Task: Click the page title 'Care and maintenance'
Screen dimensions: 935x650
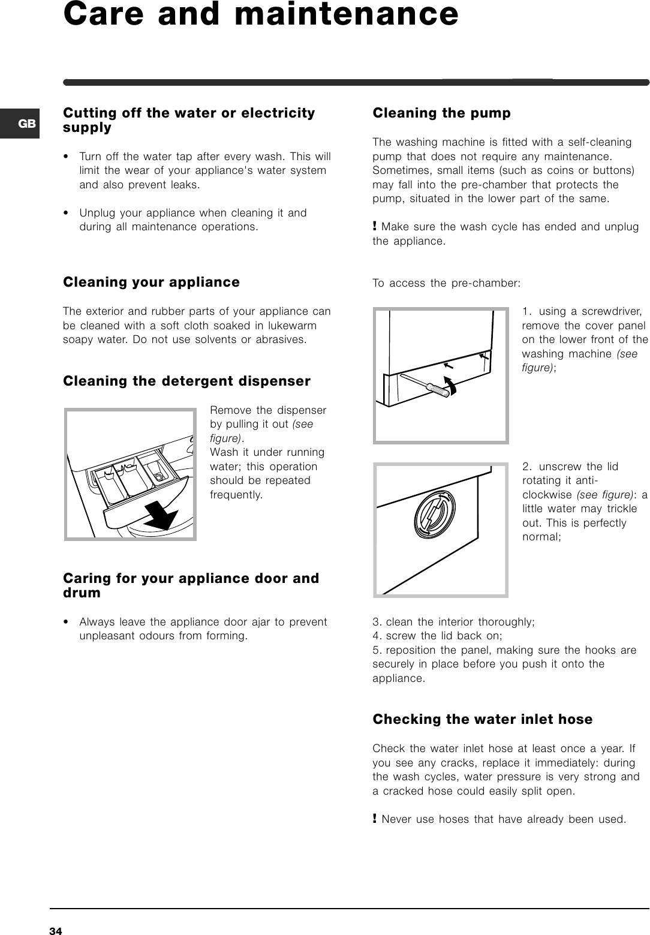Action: point(261,14)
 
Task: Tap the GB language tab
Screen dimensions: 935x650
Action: point(26,124)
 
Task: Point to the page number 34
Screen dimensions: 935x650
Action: point(56,930)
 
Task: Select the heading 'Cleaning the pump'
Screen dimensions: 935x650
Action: point(442,113)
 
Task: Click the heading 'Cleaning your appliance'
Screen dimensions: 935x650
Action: point(151,282)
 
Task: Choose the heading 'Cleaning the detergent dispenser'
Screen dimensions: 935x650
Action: point(186,381)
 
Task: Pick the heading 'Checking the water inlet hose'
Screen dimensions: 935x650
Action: point(482,719)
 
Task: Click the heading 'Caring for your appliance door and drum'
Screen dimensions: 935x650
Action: point(191,585)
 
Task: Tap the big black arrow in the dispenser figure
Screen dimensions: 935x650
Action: point(158,513)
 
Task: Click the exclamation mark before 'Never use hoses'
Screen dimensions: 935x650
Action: point(375,819)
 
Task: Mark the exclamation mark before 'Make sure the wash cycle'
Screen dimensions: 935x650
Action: point(375,227)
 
